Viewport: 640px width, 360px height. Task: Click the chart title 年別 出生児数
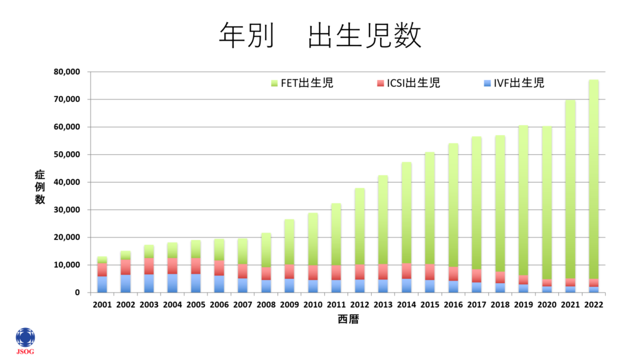coord(320,36)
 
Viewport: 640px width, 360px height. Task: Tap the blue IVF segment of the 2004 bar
coord(172,283)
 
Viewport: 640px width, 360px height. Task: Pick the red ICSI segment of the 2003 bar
coord(149,266)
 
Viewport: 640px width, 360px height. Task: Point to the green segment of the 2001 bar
coord(102,259)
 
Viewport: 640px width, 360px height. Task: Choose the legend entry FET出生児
coord(302,83)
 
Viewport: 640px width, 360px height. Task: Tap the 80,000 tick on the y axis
coord(66,72)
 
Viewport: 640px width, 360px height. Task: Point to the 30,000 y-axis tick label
coord(66,210)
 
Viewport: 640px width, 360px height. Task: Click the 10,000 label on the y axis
coord(66,265)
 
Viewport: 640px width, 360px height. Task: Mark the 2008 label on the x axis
coord(266,305)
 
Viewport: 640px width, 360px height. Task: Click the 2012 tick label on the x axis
coord(360,305)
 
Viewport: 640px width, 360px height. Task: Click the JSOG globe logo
coord(26,338)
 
